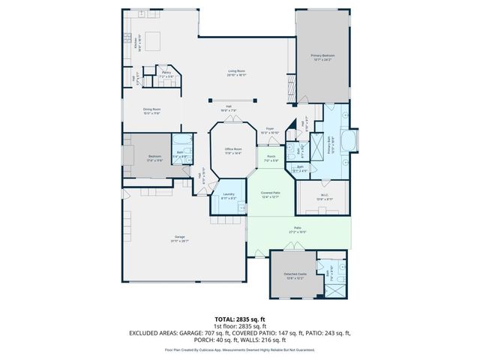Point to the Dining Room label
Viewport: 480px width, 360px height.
[152, 111]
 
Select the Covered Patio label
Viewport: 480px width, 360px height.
[270, 195]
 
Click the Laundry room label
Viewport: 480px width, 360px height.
[229, 196]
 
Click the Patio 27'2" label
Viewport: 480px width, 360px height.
[298, 230]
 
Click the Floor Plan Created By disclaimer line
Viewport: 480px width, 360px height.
[239, 349]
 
